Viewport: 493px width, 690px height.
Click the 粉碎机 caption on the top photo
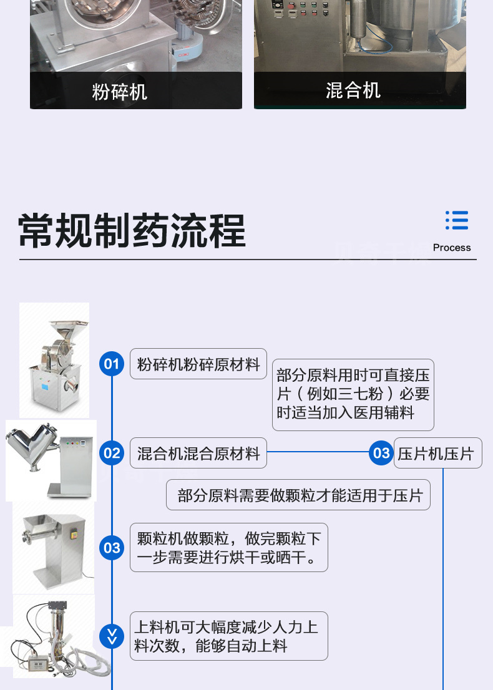[x=119, y=92]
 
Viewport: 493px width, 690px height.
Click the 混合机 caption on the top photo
[x=353, y=90]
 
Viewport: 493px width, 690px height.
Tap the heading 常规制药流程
[x=132, y=230]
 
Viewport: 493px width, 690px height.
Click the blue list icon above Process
[x=456, y=220]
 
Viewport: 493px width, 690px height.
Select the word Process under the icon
[x=452, y=247]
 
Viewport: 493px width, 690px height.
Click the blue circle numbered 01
[x=112, y=364]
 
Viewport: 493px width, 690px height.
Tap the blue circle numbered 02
[x=112, y=453]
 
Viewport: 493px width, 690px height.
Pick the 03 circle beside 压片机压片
[x=381, y=453]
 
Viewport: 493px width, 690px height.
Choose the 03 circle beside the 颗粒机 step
[x=112, y=547]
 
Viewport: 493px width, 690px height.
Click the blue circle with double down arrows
[x=112, y=636]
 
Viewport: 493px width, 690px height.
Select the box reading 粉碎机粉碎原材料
[x=198, y=364]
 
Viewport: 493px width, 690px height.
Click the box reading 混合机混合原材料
[x=198, y=453]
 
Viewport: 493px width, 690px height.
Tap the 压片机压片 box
[x=437, y=453]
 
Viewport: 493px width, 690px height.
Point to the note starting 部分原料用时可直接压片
[x=353, y=395]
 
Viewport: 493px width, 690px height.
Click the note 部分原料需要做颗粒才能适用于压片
[x=298, y=495]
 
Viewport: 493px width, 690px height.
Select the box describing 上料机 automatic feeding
[x=229, y=636]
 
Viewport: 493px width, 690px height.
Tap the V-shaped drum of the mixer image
[x=31, y=444]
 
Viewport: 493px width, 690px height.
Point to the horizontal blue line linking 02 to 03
[x=318, y=452]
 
